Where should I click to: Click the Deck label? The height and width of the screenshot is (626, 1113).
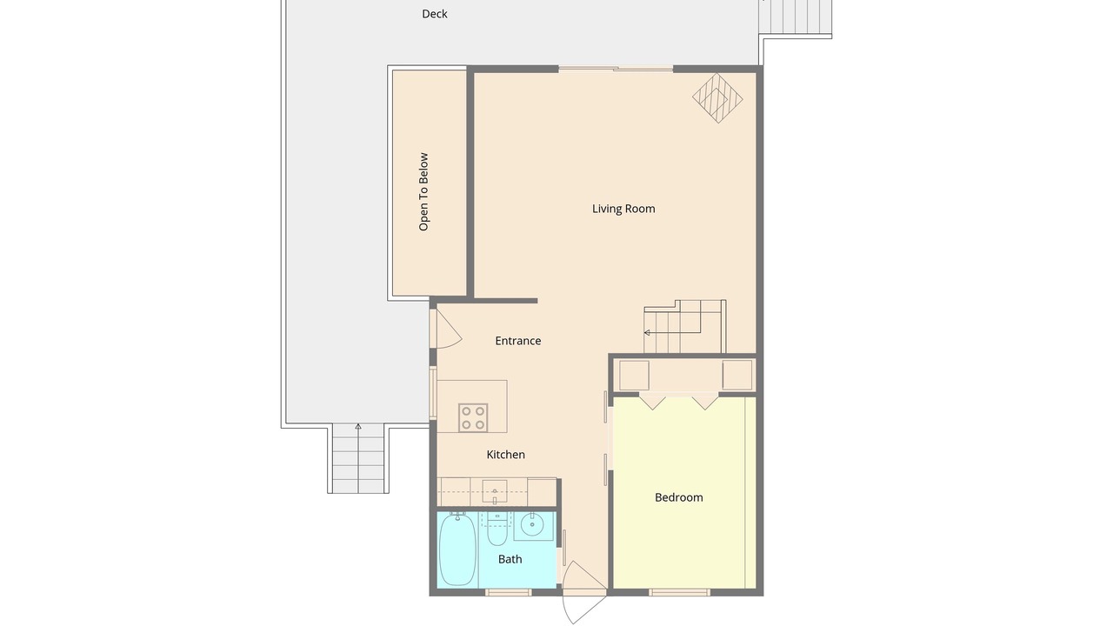(x=434, y=14)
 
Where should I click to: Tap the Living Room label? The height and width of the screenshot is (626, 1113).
(x=623, y=209)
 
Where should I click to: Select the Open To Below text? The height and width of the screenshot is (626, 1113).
(x=423, y=192)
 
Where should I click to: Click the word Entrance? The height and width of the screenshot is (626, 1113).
(x=517, y=341)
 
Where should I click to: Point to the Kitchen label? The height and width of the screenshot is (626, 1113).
(x=505, y=455)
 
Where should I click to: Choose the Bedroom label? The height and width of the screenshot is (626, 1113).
(x=679, y=497)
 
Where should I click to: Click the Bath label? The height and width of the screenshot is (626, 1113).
(x=510, y=559)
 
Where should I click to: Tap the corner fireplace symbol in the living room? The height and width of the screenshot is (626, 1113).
(x=717, y=98)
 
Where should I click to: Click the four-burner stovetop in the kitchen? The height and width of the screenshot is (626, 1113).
(x=473, y=418)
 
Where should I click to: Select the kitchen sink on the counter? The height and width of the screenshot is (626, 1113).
(x=495, y=491)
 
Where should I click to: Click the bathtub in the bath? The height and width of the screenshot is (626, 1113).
(x=457, y=549)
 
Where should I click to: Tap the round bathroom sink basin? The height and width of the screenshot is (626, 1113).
(x=532, y=524)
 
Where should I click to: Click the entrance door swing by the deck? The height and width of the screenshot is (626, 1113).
(x=447, y=329)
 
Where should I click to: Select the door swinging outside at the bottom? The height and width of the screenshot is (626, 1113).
(x=583, y=593)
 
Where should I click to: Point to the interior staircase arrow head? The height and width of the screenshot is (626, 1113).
(x=647, y=332)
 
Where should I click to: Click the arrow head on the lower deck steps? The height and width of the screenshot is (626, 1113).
(x=357, y=426)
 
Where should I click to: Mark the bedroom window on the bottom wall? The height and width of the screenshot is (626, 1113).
(x=680, y=592)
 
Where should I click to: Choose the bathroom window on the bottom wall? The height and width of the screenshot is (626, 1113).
(x=508, y=592)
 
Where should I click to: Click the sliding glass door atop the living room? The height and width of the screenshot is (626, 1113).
(x=616, y=69)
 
